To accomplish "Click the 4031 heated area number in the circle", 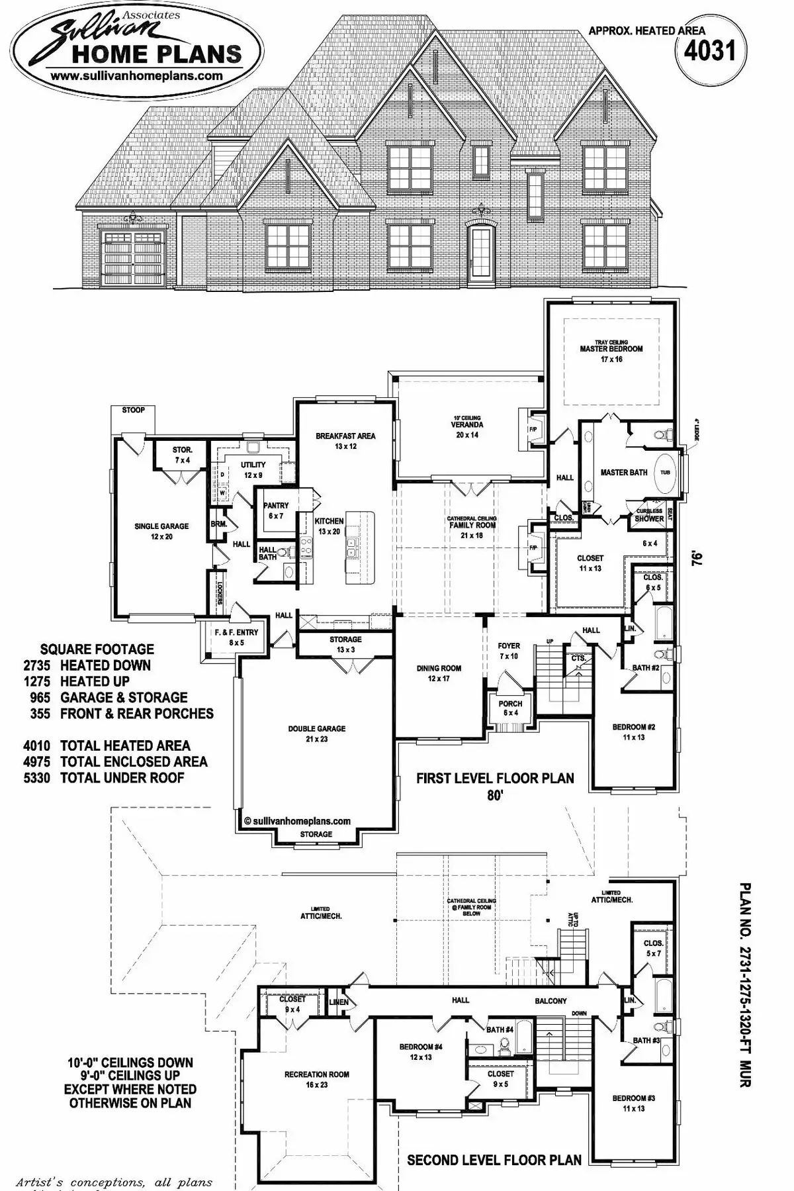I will (710, 51).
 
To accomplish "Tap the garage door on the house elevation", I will (133, 258).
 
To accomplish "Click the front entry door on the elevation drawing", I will (480, 254).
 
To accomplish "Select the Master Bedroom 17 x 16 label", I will (611, 354).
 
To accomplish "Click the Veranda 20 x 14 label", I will (466, 430).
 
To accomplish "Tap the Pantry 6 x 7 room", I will (276, 510).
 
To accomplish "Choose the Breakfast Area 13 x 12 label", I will (345, 441).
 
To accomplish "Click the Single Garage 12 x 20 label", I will (161, 531).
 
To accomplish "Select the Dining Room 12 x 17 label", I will (439, 673).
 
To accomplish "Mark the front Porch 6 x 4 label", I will (510, 708).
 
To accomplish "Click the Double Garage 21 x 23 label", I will (316, 733).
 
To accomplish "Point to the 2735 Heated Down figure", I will (37, 665).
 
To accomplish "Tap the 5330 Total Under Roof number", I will (37, 778).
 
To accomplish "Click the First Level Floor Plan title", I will (494, 778).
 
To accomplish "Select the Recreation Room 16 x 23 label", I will (316, 1079).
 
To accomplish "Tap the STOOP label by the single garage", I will (133, 410).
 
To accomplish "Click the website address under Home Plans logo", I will (136, 75).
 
